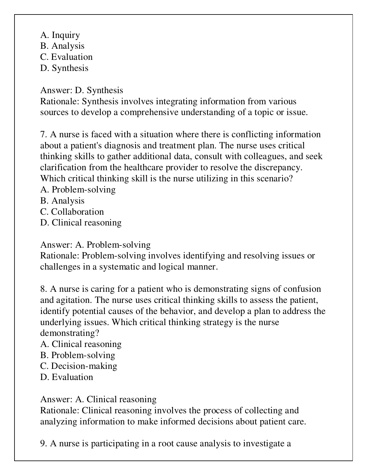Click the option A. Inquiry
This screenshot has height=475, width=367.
(x=60, y=35)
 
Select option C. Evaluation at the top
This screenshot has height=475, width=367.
(x=66, y=57)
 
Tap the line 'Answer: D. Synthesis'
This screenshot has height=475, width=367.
(x=81, y=90)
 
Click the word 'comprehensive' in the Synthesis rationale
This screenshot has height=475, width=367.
(x=149, y=112)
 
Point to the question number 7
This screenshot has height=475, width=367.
(x=43, y=135)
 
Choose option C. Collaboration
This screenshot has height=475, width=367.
(x=72, y=212)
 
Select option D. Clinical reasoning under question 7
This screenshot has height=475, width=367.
(x=81, y=223)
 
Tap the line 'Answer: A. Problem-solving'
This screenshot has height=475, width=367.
(x=95, y=245)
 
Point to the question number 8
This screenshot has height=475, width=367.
(x=43, y=289)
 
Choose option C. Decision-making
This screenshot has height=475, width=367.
(x=79, y=366)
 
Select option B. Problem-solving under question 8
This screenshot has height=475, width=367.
(x=77, y=355)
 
